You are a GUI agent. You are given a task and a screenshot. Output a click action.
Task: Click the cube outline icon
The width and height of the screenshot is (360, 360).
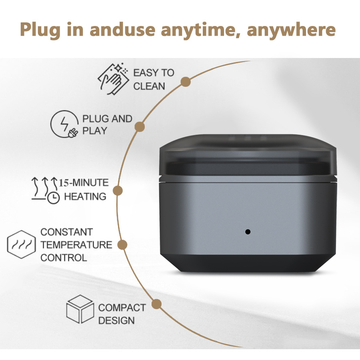click(x=80, y=309)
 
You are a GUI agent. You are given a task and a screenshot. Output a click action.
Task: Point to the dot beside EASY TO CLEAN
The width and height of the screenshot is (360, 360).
click(x=185, y=82)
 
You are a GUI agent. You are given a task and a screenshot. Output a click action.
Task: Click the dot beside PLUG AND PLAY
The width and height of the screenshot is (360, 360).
click(x=140, y=126)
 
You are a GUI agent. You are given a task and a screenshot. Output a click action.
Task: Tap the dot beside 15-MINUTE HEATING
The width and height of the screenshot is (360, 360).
click(x=117, y=191)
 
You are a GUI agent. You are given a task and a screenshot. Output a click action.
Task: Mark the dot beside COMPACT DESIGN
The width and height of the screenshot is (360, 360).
click(x=157, y=304)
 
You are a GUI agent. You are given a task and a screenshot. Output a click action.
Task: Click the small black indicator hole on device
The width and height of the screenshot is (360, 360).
click(x=248, y=232)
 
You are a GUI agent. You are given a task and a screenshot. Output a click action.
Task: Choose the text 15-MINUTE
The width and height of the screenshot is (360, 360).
click(x=84, y=183)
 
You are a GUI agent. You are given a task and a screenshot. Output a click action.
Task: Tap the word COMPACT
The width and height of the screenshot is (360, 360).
click(x=122, y=308)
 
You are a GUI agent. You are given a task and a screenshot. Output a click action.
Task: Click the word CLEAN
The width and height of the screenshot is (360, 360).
click(x=149, y=86)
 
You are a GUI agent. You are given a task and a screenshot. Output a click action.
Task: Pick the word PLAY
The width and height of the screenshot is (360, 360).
click(x=95, y=131)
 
